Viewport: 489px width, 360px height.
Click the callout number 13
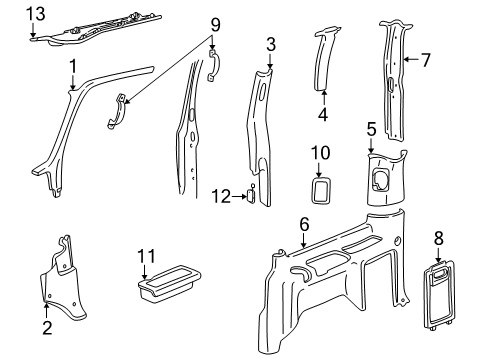(x=36, y=14)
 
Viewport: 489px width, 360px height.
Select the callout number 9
(x=215, y=25)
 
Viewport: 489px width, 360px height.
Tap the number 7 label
(x=426, y=60)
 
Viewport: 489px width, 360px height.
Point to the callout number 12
(x=221, y=196)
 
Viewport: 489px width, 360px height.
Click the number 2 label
(x=47, y=328)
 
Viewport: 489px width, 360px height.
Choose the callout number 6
(x=304, y=225)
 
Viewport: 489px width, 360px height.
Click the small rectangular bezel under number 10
(x=321, y=190)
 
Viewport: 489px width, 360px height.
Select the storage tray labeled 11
(x=169, y=283)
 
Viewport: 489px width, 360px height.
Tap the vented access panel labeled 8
(x=438, y=294)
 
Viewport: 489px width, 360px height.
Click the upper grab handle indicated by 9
(x=213, y=64)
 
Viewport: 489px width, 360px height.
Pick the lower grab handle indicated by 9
(x=118, y=112)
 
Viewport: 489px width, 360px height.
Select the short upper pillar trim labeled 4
(x=324, y=60)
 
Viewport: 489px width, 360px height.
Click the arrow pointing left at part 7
(x=411, y=59)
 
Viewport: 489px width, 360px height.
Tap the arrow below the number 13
(x=33, y=30)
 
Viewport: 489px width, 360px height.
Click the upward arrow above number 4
(x=324, y=98)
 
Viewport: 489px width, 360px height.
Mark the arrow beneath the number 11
(x=144, y=272)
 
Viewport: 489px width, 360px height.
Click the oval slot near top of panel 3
(x=261, y=92)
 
